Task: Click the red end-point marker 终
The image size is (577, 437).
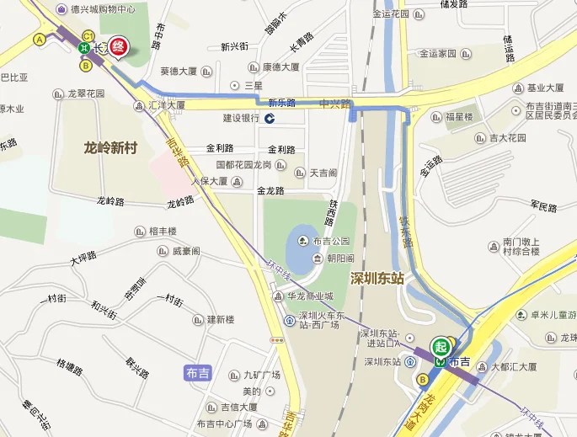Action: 119,47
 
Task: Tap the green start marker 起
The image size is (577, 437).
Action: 440,346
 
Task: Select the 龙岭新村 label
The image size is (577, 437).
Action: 110,147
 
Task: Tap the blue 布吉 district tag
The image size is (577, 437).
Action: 196,373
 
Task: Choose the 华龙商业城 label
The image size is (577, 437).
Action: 309,296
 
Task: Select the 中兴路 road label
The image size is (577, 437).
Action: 334,104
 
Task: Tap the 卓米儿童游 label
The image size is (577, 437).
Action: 553,315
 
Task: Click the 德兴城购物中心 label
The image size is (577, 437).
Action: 102,9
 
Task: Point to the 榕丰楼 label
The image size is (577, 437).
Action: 163,231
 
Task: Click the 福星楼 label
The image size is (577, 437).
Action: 459,116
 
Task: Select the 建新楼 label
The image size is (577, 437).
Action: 221,319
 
